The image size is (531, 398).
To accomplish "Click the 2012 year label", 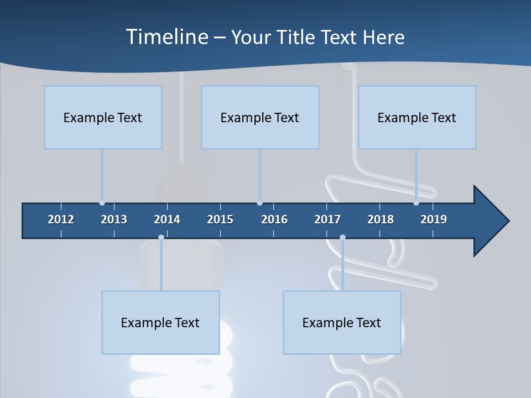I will pyautogui.click(x=61, y=219).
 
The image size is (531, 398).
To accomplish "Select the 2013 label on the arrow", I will pyautogui.click(x=114, y=219).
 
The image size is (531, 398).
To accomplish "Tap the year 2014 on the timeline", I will pyautogui.click(x=167, y=219).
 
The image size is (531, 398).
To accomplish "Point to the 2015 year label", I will pyautogui.click(x=220, y=219).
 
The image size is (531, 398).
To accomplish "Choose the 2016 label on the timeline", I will pyautogui.click(x=274, y=219).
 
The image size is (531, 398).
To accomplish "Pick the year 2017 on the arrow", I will pyautogui.click(x=327, y=219).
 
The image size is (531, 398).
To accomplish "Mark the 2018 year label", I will pyautogui.click(x=381, y=219).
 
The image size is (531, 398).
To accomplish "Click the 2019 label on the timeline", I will pyautogui.click(x=434, y=219).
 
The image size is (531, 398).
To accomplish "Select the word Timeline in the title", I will pyautogui.click(x=166, y=37).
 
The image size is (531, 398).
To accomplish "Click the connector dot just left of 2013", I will pyautogui.click(x=102, y=203).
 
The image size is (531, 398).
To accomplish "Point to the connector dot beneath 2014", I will pyautogui.click(x=161, y=238).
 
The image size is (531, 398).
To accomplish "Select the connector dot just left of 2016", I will pyautogui.click(x=259, y=203).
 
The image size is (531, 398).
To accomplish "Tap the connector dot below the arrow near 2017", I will pyautogui.click(x=342, y=238).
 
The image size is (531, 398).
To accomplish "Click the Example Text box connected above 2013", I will pyautogui.click(x=103, y=117).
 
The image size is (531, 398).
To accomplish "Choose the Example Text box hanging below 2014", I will pyautogui.click(x=160, y=322).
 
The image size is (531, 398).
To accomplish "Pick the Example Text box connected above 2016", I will pyautogui.click(x=260, y=117).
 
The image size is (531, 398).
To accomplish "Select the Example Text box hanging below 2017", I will pyautogui.click(x=342, y=322).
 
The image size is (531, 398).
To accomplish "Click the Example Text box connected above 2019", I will pyautogui.click(x=417, y=117).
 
